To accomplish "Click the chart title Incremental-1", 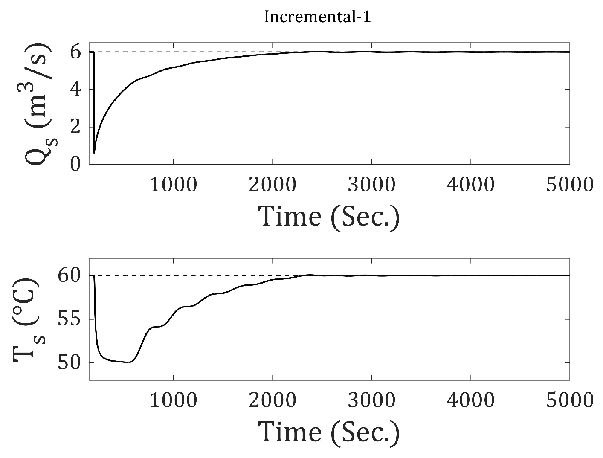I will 317,17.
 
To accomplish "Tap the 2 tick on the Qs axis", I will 76,127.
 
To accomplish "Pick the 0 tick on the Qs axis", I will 76,164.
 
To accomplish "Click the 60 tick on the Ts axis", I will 70,275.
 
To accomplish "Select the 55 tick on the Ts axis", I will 70,319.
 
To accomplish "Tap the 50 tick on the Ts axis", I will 70,363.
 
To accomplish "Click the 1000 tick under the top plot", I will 174,185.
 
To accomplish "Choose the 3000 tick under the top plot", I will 372,185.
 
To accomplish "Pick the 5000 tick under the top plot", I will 570,185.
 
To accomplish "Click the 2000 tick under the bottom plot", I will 273,400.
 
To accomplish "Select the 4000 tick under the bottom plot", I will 471,400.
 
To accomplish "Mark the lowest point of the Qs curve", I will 94,152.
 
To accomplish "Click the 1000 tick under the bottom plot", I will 174,400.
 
